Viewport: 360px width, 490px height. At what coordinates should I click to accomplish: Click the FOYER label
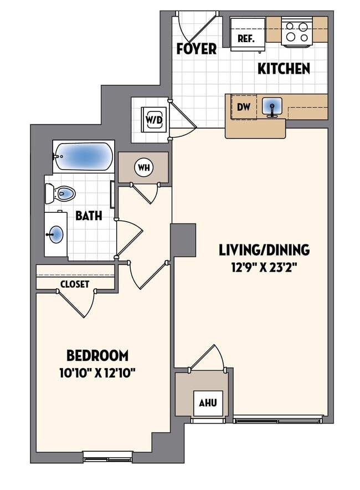pyautogui.click(x=196, y=49)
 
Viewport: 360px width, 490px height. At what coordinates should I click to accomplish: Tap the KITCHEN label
pyautogui.click(x=284, y=69)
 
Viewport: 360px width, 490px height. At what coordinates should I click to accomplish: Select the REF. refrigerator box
pyautogui.click(x=245, y=38)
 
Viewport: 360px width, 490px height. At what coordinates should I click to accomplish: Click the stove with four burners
pyautogui.click(x=297, y=32)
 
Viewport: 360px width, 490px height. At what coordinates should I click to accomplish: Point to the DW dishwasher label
pyautogui.click(x=244, y=108)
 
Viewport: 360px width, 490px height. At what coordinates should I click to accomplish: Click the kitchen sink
pyautogui.click(x=271, y=106)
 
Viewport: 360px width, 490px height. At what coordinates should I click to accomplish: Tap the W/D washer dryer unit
pyautogui.click(x=153, y=119)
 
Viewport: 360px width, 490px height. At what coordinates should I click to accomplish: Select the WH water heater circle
pyautogui.click(x=143, y=167)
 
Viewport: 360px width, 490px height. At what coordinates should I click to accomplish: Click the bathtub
pyautogui.click(x=84, y=157)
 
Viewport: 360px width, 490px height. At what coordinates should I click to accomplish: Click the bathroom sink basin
pyautogui.click(x=56, y=234)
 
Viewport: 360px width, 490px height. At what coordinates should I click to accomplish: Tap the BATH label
pyautogui.click(x=89, y=215)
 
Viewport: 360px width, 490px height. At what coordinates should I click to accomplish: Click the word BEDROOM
pyautogui.click(x=97, y=355)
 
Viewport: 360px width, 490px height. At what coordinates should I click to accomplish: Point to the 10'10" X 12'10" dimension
pyautogui.click(x=97, y=372)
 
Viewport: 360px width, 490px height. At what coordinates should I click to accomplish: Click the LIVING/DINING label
pyautogui.click(x=264, y=250)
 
